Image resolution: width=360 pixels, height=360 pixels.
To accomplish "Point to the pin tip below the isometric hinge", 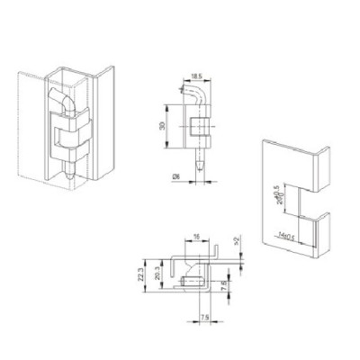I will coord(71,176).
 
